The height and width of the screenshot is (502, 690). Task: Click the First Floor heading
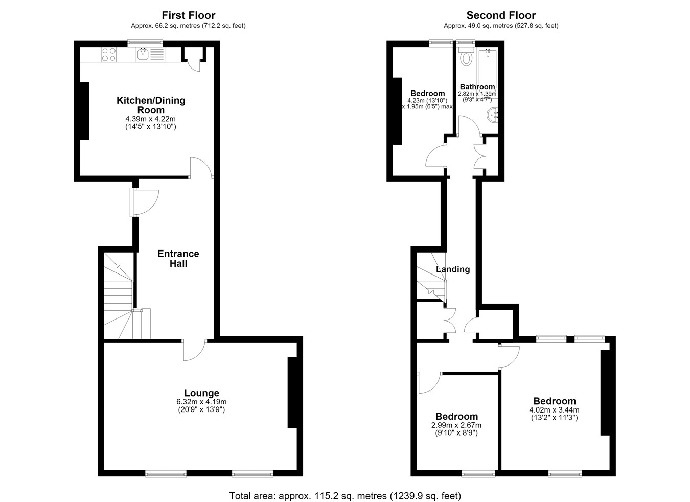click(x=189, y=15)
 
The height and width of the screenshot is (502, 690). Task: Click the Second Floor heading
click(x=501, y=15)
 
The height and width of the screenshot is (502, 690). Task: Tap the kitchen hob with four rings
click(x=109, y=54)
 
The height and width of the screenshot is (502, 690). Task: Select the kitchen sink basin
click(x=143, y=55)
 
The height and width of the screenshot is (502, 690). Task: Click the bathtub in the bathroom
click(x=487, y=73)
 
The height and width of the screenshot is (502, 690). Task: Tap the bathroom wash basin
click(x=493, y=115)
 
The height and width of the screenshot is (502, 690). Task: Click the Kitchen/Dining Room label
click(x=151, y=105)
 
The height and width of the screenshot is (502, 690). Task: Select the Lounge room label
click(x=202, y=393)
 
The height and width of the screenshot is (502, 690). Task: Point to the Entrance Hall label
click(x=178, y=259)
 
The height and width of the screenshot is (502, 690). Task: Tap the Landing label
click(x=453, y=269)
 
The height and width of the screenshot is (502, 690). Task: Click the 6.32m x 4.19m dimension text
click(x=201, y=402)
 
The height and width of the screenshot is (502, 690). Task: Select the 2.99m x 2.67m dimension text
click(x=456, y=425)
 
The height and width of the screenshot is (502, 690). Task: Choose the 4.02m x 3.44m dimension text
click(x=554, y=410)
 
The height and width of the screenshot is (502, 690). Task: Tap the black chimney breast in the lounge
click(x=293, y=393)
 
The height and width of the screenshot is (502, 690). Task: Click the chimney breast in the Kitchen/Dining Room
click(x=84, y=111)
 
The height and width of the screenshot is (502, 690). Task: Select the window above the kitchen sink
click(x=145, y=43)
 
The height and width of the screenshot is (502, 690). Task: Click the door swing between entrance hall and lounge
click(x=195, y=350)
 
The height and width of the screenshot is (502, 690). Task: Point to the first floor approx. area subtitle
click(x=188, y=26)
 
